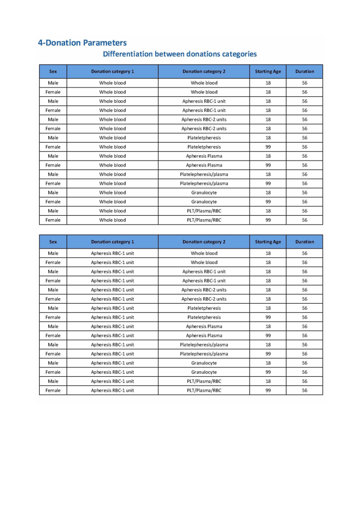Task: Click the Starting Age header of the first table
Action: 268,72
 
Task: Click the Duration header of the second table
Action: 304,242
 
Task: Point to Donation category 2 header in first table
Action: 204,72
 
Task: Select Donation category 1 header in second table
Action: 112,242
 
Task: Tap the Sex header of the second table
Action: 53,242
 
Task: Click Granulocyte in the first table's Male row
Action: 204,192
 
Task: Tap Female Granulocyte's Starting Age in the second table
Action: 268,372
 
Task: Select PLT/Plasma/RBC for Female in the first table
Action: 204,220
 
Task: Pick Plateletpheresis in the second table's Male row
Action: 204,308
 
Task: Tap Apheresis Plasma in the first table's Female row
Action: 204,165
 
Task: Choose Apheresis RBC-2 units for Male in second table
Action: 204,290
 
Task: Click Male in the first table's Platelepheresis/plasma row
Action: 53,174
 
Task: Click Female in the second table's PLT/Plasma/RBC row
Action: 53,390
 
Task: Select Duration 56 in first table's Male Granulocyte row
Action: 304,192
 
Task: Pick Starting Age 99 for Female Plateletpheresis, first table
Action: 268,147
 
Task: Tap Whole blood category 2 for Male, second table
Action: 204,254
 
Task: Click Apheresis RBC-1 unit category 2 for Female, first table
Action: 204,110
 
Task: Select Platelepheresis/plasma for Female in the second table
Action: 204,354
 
